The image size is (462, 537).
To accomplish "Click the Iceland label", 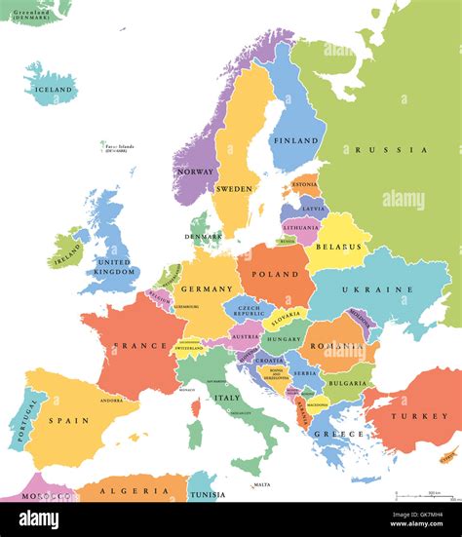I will coord(54,90).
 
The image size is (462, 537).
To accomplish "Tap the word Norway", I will coord(196,173).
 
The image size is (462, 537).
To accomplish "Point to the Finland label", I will coord(295,141).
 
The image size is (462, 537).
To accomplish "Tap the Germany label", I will coord(207,288).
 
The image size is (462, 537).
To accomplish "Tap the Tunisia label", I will coord(206,494).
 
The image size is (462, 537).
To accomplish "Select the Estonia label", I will coord(305,184).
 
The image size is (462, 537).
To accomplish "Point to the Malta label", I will coord(261,484).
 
